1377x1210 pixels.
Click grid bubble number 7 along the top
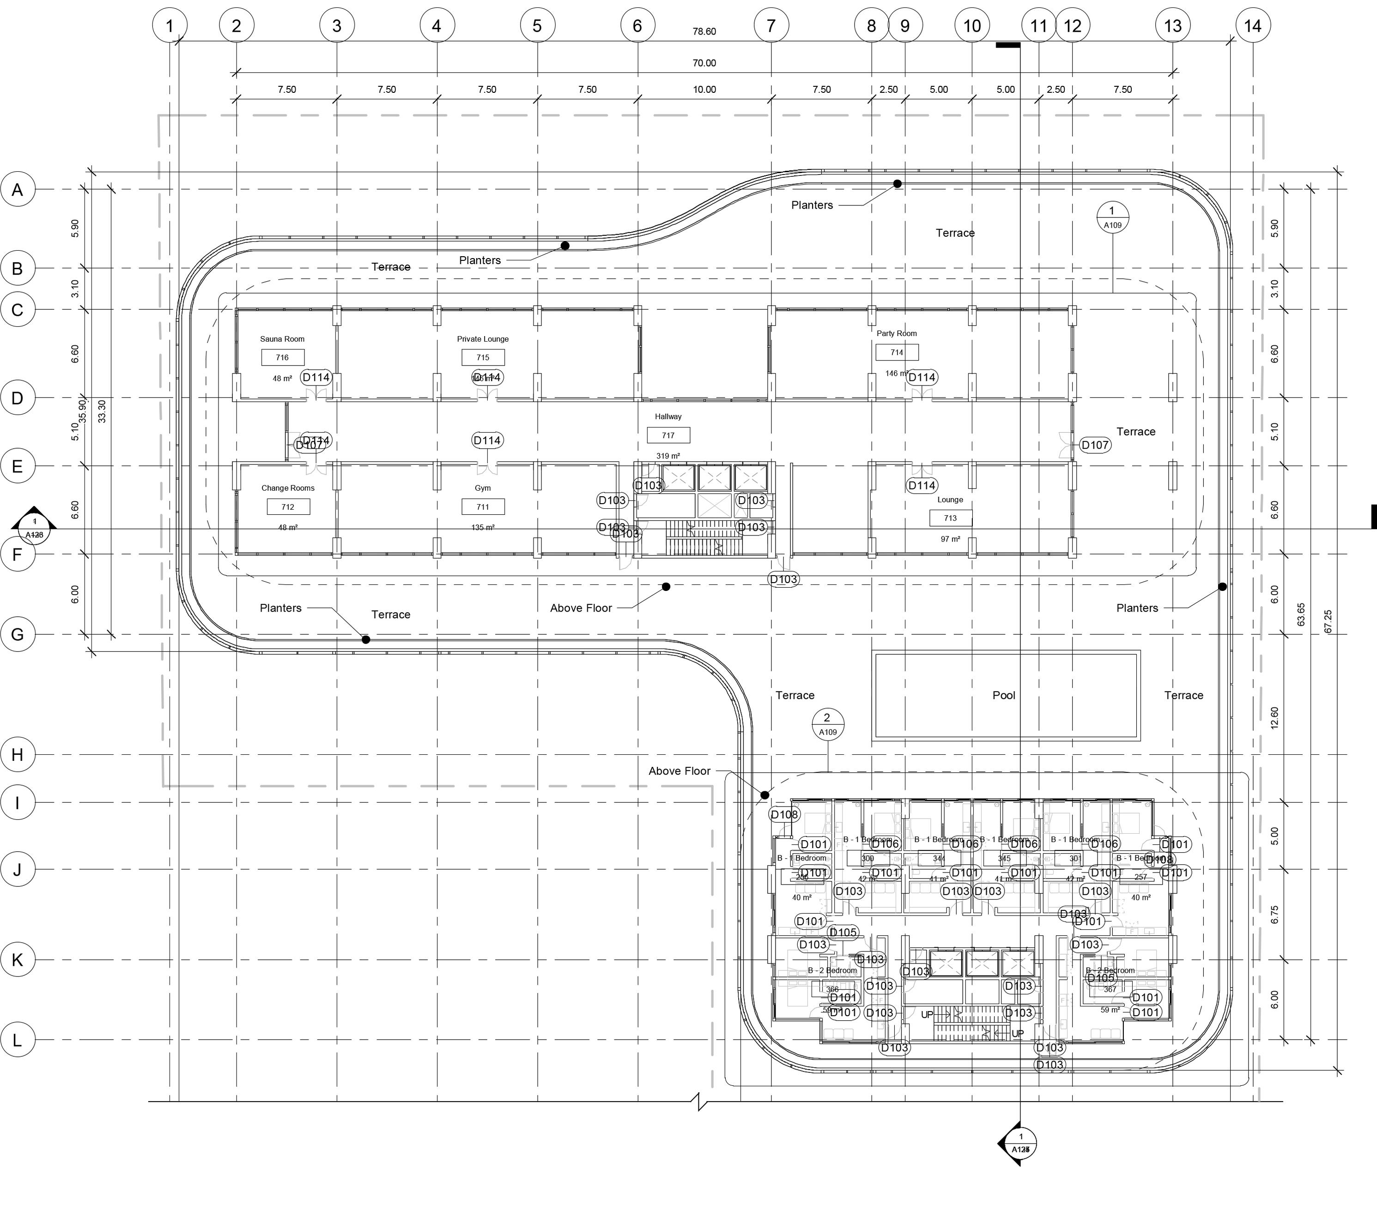pyautogui.click(x=770, y=26)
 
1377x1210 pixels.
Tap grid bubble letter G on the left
pyautogui.click(x=18, y=634)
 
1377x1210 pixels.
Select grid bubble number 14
pyautogui.click(x=1252, y=26)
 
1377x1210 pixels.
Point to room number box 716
pyautogui.click(x=282, y=357)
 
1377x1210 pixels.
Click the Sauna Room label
pyautogui.click(x=282, y=339)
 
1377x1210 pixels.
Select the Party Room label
pyautogui.click(x=896, y=333)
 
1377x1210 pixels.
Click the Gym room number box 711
pyautogui.click(x=482, y=506)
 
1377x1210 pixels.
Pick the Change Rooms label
pyautogui.click(x=288, y=488)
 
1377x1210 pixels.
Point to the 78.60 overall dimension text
pyautogui.click(x=704, y=32)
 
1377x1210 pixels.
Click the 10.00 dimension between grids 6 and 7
pyautogui.click(x=704, y=90)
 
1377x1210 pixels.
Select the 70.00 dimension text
pyautogui.click(x=704, y=63)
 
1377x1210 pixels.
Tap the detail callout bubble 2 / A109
pyautogui.click(x=827, y=724)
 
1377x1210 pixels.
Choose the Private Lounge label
pyautogui.click(x=482, y=339)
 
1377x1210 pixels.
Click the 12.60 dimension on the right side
pyautogui.click(x=1273, y=718)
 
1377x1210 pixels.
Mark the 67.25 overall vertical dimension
pyautogui.click(x=1328, y=621)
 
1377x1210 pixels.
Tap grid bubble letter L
pyautogui.click(x=18, y=1040)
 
